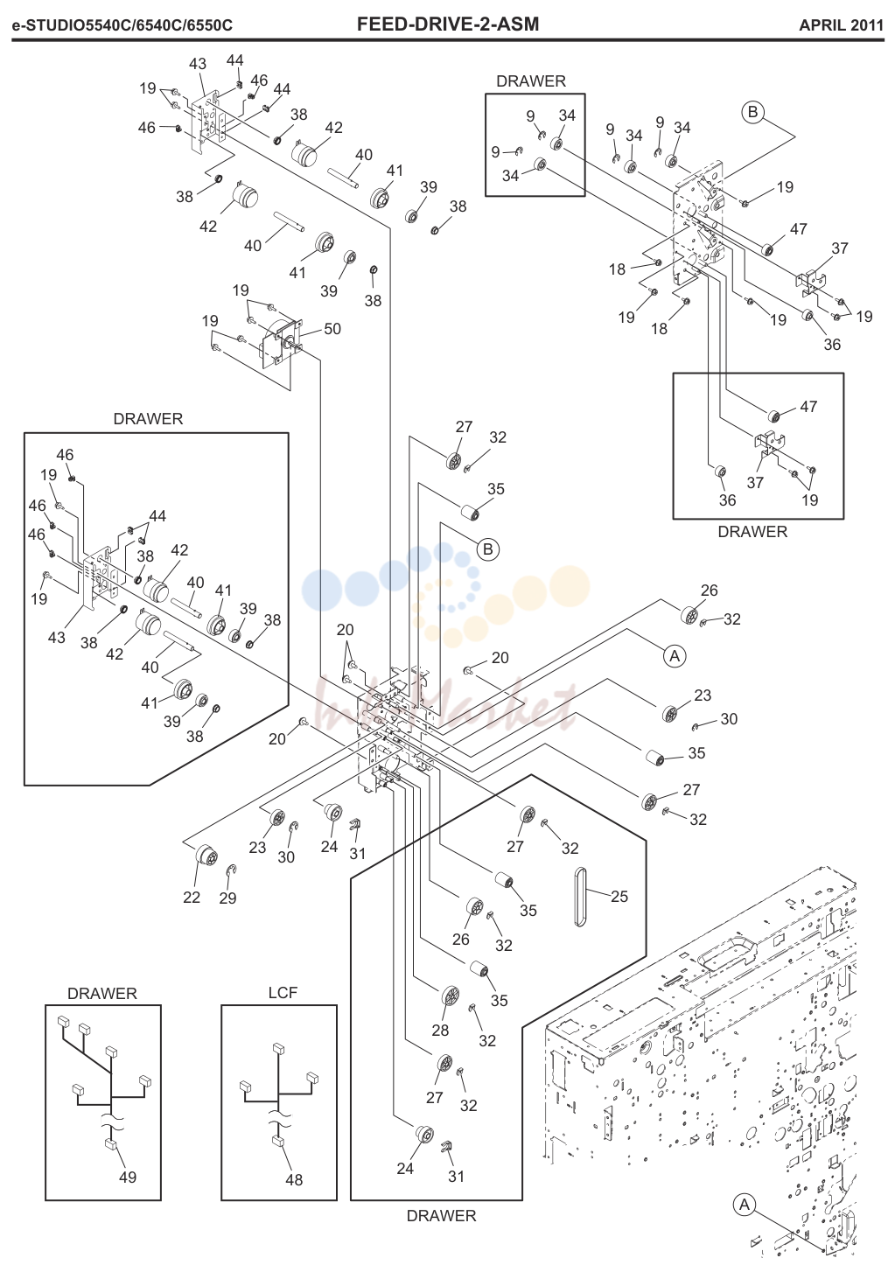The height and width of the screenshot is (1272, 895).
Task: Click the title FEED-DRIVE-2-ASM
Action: point(448,24)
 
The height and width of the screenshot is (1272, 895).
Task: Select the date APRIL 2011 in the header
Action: point(841,25)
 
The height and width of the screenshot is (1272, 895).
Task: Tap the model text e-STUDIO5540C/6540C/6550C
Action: point(122,25)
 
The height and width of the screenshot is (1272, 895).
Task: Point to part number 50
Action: point(332,329)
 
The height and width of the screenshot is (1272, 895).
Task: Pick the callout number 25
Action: point(619,897)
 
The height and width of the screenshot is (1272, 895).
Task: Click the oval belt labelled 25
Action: point(579,897)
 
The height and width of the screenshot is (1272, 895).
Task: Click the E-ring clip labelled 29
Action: point(232,870)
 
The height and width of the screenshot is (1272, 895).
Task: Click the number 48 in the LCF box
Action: point(294,1180)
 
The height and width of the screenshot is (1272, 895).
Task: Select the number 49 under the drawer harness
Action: point(128,1178)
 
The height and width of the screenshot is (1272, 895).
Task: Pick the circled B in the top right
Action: point(752,113)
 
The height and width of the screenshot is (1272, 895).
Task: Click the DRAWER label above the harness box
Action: point(102,993)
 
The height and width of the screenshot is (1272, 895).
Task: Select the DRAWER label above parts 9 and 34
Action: point(531,81)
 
